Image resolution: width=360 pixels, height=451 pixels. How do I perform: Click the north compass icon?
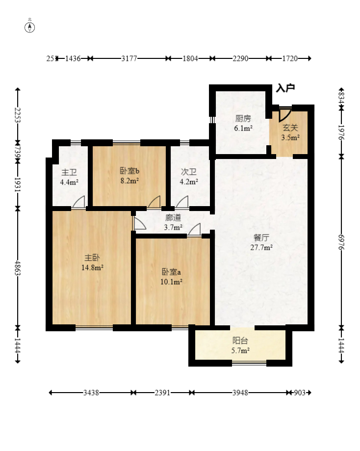click(29, 27)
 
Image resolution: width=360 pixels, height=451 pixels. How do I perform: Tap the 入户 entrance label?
click(285, 88)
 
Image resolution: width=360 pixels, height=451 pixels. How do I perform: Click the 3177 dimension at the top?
click(129, 58)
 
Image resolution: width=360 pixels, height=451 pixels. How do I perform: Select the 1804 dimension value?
click(190, 58)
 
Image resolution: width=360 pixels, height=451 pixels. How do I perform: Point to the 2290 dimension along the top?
click(240, 58)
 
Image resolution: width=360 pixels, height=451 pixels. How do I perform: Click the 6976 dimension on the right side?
click(341, 242)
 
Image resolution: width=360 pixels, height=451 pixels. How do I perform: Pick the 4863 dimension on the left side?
click(18, 268)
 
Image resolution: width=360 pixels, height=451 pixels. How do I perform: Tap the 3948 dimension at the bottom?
click(240, 393)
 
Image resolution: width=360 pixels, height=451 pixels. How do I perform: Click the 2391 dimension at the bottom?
click(162, 393)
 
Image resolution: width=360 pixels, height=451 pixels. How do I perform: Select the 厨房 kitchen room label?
click(243, 118)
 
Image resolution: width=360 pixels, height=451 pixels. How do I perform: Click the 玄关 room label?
click(290, 128)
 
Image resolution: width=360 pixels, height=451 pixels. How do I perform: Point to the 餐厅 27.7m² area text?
click(261, 247)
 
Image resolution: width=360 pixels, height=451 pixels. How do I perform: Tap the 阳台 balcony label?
click(240, 341)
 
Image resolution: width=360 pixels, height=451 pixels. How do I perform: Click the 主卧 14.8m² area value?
click(92, 267)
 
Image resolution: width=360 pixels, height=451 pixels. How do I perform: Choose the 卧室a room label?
click(171, 271)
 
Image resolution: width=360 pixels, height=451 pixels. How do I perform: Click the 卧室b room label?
click(129, 171)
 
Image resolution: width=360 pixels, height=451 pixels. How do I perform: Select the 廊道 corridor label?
click(173, 218)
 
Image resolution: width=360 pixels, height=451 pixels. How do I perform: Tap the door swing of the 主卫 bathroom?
click(79, 201)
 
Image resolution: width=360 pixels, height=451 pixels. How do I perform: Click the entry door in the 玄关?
click(284, 114)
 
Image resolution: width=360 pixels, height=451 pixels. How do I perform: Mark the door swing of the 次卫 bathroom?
click(182, 201)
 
